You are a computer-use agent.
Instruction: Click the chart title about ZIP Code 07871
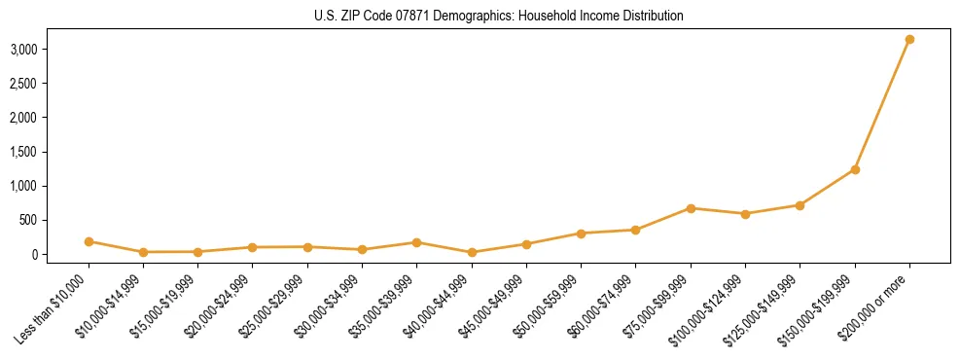[x=499, y=17]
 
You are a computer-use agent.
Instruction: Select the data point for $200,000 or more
[x=909, y=40]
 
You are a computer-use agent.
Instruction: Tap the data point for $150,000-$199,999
[x=855, y=169]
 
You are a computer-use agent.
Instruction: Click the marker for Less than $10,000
[x=89, y=241]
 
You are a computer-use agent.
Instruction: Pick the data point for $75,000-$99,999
[x=691, y=208]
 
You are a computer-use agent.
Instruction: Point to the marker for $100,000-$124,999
[x=745, y=214]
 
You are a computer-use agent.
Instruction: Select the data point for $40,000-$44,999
[x=472, y=252]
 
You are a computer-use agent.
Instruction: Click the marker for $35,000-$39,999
[x=416, y=242]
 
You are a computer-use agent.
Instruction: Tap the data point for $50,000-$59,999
[x=581, y=234]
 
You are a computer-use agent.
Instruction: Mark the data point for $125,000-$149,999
[x=800, y=205]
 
